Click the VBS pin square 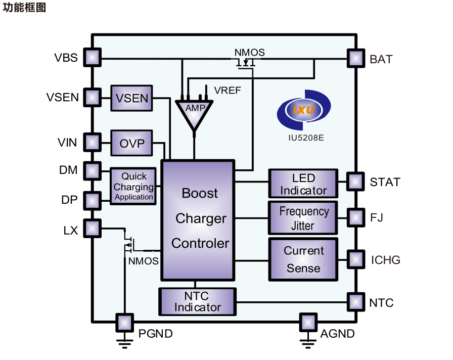pos(92,57)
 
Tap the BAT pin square pos(355,59)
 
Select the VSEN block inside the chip pos(131,98)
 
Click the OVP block pos(131,143)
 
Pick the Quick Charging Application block pos(133,186)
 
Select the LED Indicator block pos(303,184)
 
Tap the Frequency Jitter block pos(303,218)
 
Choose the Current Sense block pos(303,259)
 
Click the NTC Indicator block pos(198,301)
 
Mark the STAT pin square pos(355,181)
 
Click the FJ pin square pos(355,217)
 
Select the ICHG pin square pos(355,259)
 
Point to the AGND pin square pos(307,322)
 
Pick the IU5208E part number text pos(303,137)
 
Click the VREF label pos(228,91)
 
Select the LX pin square pos(92,229)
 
